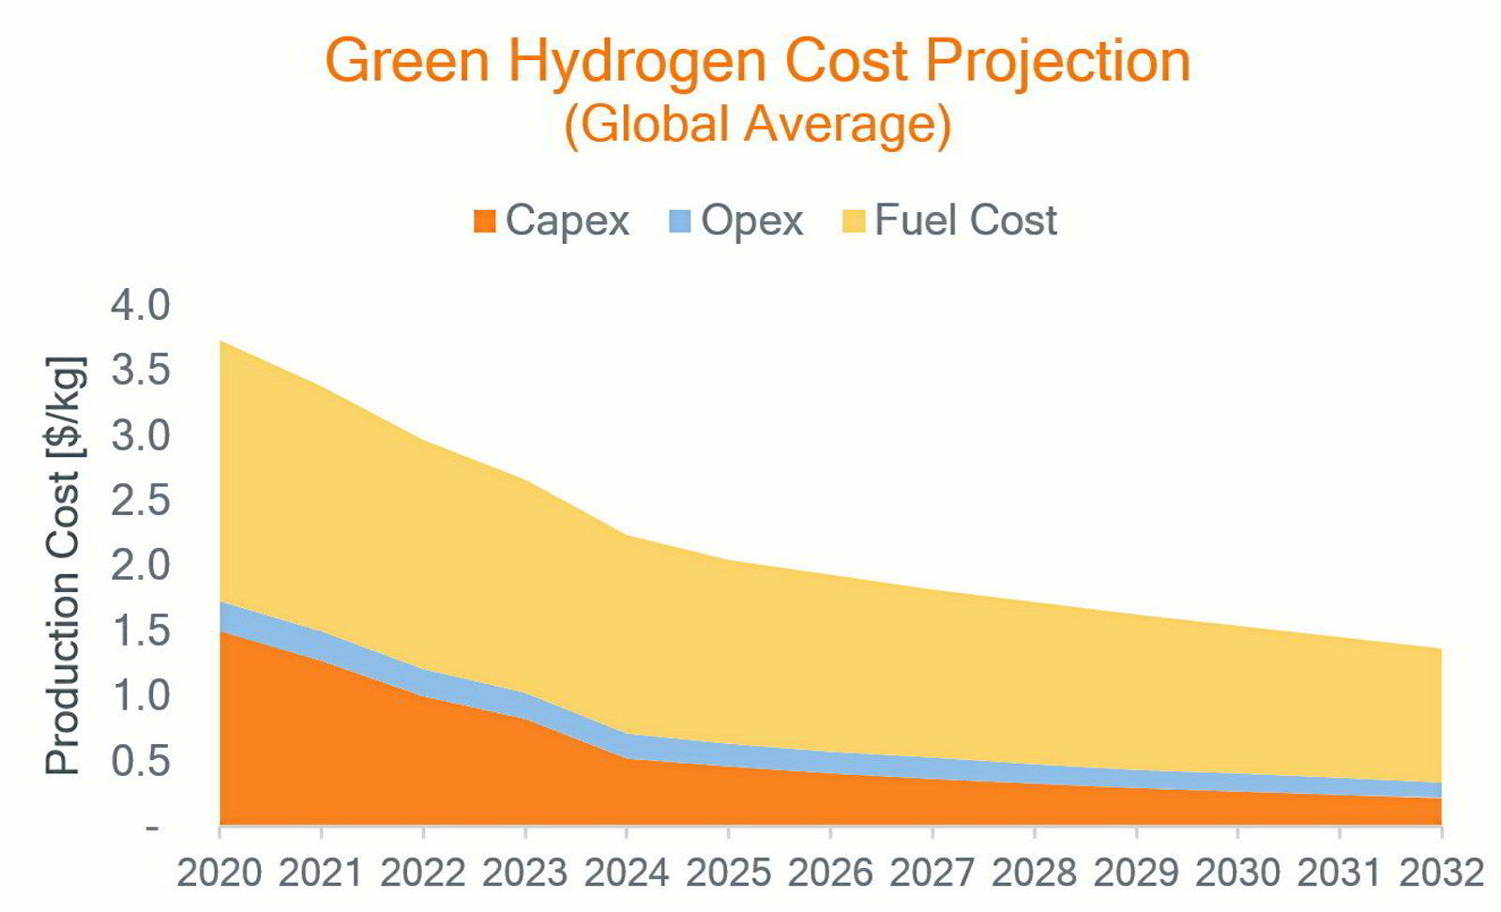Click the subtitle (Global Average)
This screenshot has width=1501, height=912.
click(758, 126)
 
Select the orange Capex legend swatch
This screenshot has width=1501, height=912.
click(484, 221)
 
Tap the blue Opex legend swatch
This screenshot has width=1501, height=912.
click(679, 221)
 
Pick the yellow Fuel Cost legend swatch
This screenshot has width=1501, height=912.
click(853, 221)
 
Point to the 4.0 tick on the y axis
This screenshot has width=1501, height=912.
click(141, 306)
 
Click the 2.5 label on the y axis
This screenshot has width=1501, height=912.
click(141, 500)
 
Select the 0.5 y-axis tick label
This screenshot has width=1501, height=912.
click(141, 762)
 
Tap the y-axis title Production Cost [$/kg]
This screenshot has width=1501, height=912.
click(66, 566)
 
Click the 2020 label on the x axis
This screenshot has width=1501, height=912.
click(220, 874)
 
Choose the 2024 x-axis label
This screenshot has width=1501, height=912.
click(628, 874)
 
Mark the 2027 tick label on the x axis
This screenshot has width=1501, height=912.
click(932, 874)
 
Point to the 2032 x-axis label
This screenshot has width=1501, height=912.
click(1442, 874)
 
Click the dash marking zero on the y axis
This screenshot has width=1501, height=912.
click(153, 829)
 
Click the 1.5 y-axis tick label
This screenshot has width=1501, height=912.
click(141, 631)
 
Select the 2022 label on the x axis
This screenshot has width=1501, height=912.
click(423, 874)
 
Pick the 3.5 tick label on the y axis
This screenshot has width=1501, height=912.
click(141, 371)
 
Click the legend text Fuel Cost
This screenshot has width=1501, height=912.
click(966, 220)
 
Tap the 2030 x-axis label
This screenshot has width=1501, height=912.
click(1238, 874)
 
